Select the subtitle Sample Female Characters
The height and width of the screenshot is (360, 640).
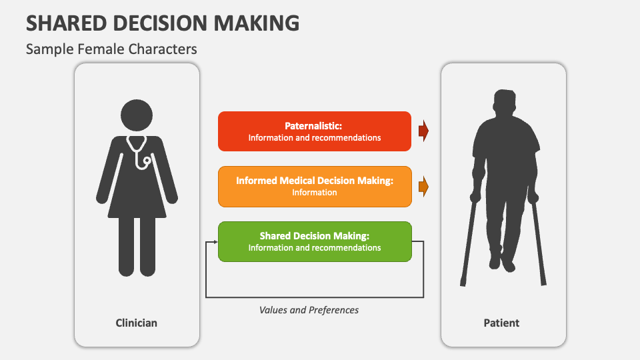[x=111, y=49]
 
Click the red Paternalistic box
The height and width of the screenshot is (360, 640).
[x=314, y=131]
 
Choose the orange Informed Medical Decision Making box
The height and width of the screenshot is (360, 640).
[x=314, y=186]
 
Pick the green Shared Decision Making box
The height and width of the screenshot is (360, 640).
[x=314, y=241]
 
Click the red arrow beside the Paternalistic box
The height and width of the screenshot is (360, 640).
[x=423, y=131]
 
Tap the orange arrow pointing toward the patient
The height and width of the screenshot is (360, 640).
[x=423, y=187]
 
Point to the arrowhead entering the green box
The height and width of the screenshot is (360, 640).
[x=215, y=242]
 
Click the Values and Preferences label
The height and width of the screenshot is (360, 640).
[x=309, y=310]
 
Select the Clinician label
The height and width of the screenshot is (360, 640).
[x=136, y=323]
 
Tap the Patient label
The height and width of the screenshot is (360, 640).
[x=501, y=323]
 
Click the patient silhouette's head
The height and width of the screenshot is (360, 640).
[x=505, y=103]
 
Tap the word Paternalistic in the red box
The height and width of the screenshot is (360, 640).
[x=313, y=126]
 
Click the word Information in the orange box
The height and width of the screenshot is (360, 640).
[x=314, y=192]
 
